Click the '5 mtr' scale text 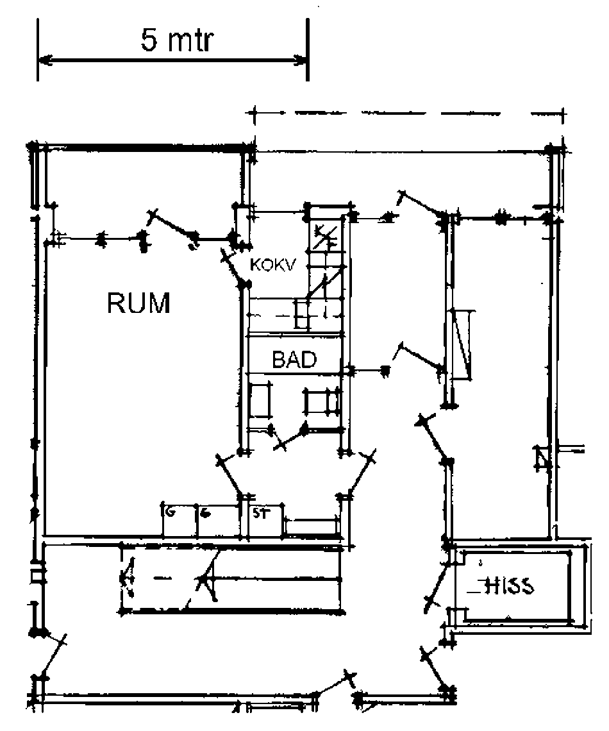177,41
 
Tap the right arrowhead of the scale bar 301,60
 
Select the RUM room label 139,303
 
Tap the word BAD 294,360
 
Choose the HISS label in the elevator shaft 510,586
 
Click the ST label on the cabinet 259,513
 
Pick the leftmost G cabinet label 170,513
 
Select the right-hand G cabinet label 205,513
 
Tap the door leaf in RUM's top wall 171,227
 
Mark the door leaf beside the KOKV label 234,269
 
